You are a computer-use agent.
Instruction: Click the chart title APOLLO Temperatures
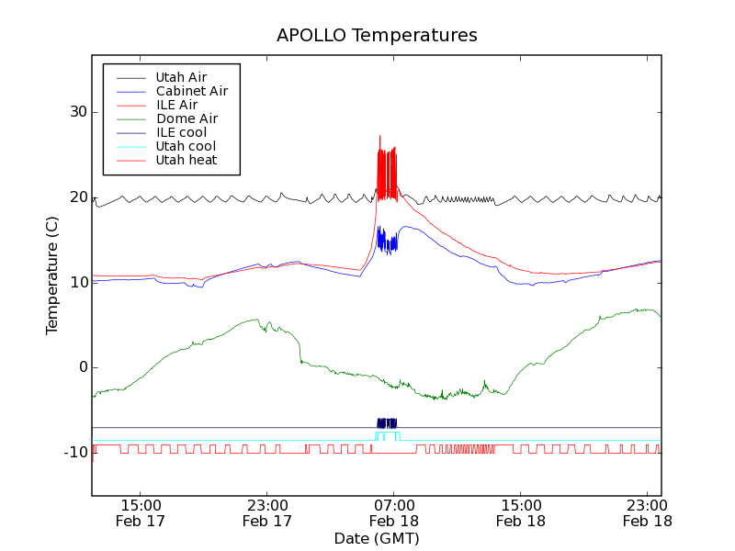tap(377, 36)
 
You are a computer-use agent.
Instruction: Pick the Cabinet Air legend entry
tap(191, 91)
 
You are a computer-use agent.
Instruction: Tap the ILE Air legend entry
tap(176, 105)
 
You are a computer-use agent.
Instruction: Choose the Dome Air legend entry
tap(187, 118)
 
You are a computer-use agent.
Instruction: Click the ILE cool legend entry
tap(181, 132)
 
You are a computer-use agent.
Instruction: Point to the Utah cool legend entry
tap(186, 146)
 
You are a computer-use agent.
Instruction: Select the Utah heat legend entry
tap(187, 160)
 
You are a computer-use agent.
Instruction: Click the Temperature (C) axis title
tap(52, 275)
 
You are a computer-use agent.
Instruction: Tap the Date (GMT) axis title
tap(377, 538)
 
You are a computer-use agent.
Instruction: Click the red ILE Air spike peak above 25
tap(379, 138)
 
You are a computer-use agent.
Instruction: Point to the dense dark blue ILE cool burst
tap(387, 423)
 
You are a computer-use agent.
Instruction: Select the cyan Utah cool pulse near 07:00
tap(387, 434)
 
